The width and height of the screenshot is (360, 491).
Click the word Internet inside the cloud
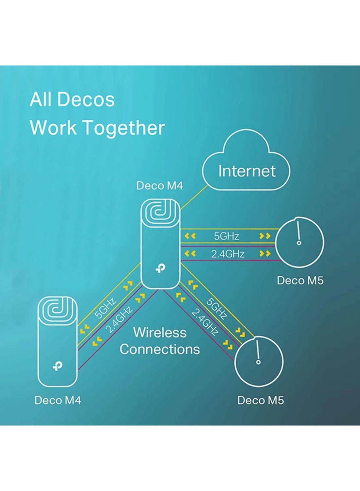(x=247, y=171)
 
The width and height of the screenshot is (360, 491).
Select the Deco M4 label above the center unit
(x=159, y=186)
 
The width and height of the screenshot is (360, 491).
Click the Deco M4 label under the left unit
(x=58, y=400)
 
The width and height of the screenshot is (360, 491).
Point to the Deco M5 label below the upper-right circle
(x=300, y=281)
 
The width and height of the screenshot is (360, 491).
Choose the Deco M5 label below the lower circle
(x=261, y=400)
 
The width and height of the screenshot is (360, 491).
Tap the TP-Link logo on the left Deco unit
(x=58, y=366)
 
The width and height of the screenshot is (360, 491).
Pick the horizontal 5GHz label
(x=226, y=236)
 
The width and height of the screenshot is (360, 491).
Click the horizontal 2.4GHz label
(x=228, y=254)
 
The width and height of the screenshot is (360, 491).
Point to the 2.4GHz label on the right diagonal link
(x=205, y=323)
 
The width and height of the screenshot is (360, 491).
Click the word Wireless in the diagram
(x=160, y=333)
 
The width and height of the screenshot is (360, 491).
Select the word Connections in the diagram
(x=160, y=349)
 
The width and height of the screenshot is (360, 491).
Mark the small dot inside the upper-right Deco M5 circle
(x=299, y=243)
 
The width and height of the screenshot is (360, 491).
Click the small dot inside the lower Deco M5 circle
(x=258, y=362)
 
